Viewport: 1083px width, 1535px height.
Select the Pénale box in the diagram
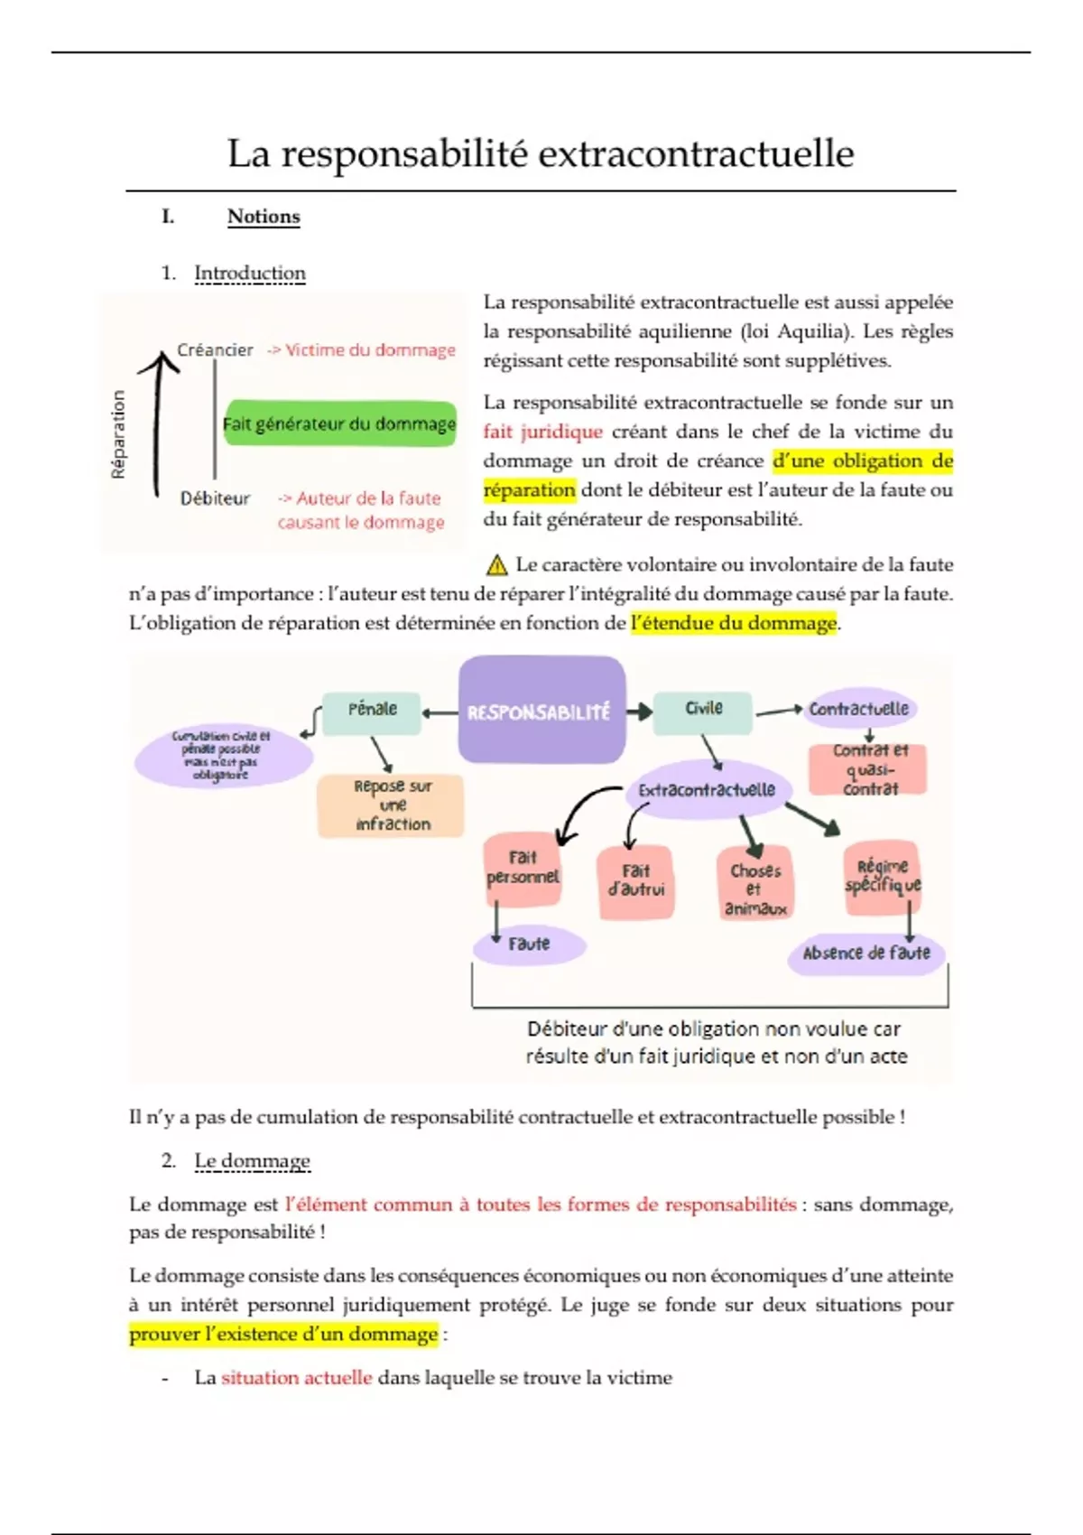tap(372, 710)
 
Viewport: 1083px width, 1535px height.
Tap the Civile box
tap(703, 709)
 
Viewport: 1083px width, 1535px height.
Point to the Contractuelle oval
tap(858, 709)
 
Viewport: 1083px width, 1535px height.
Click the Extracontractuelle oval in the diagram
tap(708, 790)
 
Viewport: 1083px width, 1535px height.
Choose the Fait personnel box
tap(523, 868)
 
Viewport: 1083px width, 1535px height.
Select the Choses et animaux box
tap(756, 888)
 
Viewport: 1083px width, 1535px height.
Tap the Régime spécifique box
tap(882, 876)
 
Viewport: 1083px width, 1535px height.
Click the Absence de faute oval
tap(865, 953)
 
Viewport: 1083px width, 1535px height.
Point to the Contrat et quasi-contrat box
tap(869, 769)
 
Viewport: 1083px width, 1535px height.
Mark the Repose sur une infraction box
tap(392, 805)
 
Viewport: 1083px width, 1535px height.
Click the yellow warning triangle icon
tap(496, 565)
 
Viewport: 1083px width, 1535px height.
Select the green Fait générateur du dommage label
tap(339, 424)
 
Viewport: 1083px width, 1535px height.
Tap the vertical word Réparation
tap(118, 434)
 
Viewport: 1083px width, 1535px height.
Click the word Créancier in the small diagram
tap(215, 350)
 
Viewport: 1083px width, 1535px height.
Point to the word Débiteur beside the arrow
tap(215, 498)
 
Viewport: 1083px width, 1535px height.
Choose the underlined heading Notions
tap(263, 217)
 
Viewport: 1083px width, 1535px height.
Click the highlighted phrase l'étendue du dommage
tap(734, 623)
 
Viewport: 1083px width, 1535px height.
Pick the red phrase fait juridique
tap(542, 432)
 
